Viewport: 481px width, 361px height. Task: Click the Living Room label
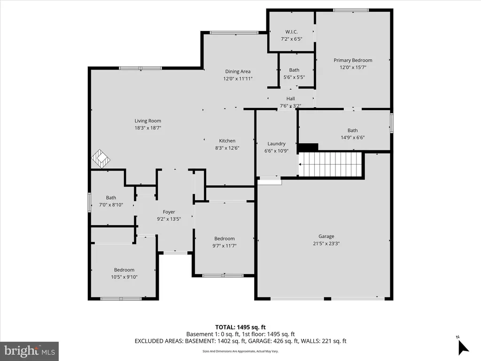tap(148, 121)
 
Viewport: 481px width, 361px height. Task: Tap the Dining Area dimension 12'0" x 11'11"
tap(238, 78)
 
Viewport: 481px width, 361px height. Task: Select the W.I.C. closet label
tap(291, 32)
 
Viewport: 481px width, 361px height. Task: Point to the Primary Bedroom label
tap(353, 61)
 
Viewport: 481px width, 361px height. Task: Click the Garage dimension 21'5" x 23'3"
tap(326, 244)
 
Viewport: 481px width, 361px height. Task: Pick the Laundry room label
tap(276, 144)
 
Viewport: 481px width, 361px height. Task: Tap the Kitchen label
tap(227, 141)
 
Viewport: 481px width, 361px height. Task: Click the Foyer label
tap(169, 212)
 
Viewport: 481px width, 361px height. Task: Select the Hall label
tap(290, 99)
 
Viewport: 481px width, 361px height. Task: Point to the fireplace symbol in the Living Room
tap(101, 158)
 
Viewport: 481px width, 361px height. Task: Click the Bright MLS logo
tap(30, 351)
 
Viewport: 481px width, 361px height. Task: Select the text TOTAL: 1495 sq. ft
tap(240, 327)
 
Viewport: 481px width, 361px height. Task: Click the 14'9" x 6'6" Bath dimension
tap(353, 138)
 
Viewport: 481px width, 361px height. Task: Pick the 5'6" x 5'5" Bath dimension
tap(294, 78)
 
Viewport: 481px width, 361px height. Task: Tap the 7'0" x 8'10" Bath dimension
tap(111, 205)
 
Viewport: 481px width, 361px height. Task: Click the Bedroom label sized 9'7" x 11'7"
tap(225, 239)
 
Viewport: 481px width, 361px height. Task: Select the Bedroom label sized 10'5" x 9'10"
tap(124, 270)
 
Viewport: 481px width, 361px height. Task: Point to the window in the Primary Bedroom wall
tap(351, 10)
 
